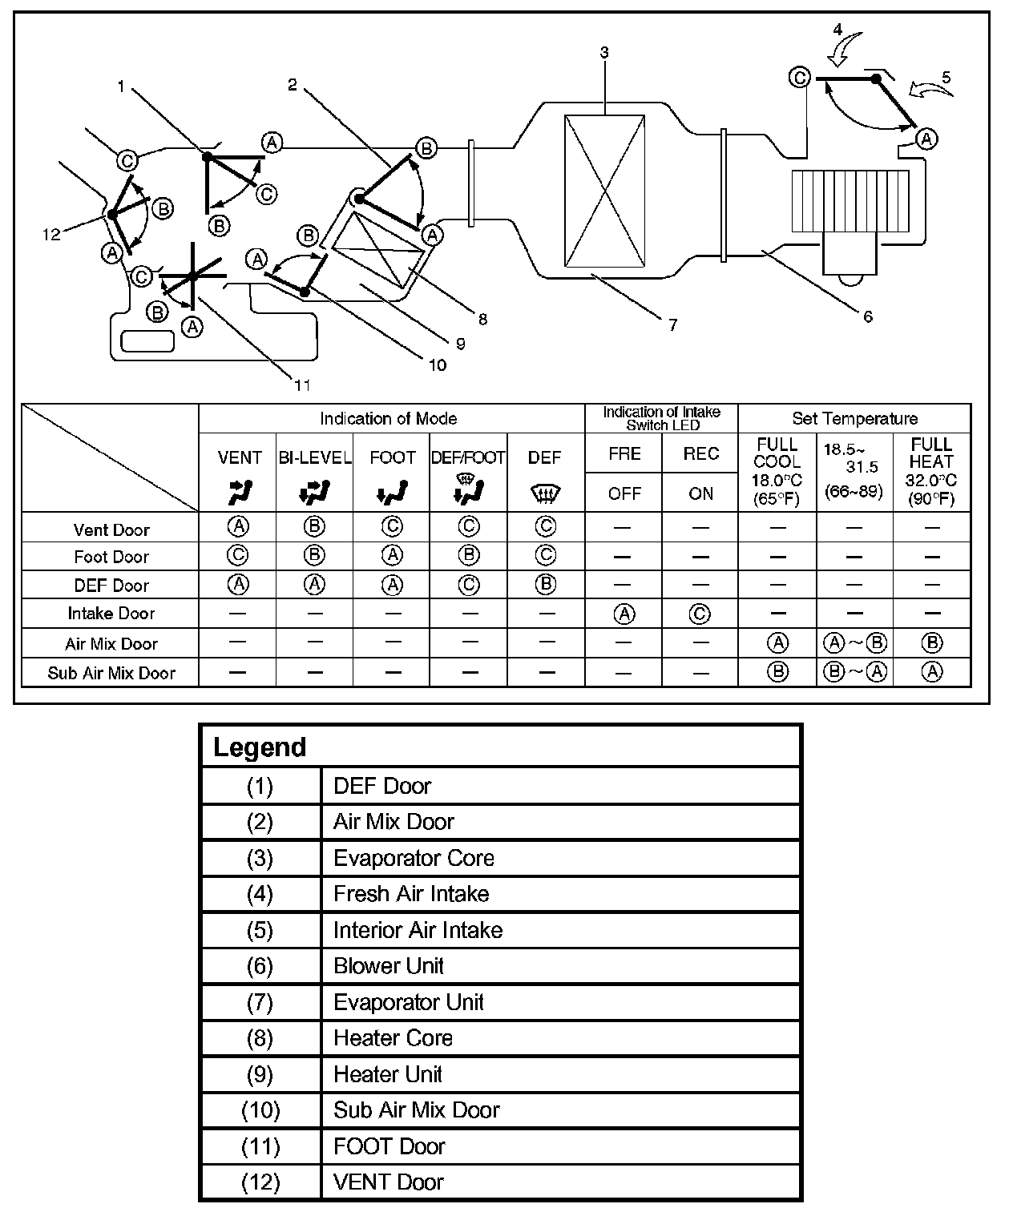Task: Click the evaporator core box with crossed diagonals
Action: (604, 191)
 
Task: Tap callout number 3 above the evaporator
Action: (604, 53)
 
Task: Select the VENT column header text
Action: (240, 457)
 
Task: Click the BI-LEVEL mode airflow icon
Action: (315, 493)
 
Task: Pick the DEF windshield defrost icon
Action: (545, 494)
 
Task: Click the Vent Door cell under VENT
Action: (238, 527)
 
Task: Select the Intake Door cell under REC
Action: (700, 614)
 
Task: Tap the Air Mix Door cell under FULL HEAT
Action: (931, 643)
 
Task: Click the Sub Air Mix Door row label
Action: (111, 673)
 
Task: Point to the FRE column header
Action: (624, 454)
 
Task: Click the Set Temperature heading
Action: (854, 418)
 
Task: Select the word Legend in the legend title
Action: (260, 747)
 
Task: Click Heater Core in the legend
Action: (393, 1038)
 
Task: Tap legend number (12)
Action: (260, 1182)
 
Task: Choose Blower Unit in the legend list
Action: (388, 966)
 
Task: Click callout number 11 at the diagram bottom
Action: (302, 385)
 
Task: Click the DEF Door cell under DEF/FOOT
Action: (468, 585)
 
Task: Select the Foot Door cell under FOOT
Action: (392, 556)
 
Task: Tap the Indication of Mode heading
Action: (389, 418)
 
